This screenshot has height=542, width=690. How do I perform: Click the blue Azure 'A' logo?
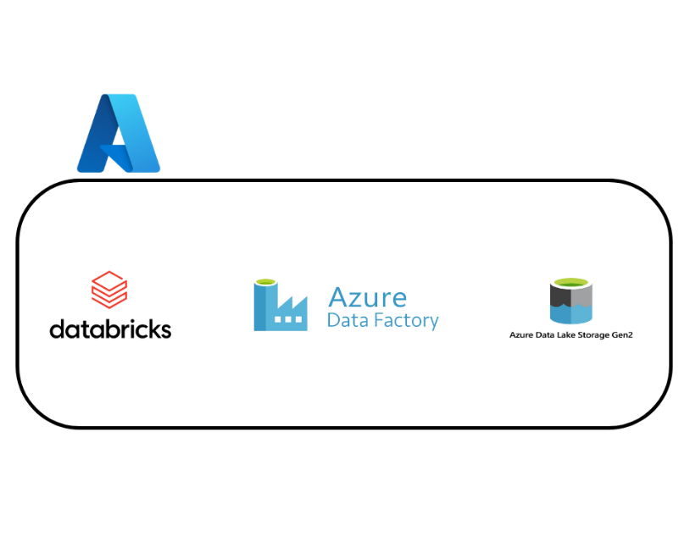pos(119,134)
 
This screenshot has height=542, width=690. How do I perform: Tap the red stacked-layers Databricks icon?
pos(109,290)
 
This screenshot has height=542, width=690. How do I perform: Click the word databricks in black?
pos(110,329)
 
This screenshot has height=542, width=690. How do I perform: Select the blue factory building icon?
pos(281,307)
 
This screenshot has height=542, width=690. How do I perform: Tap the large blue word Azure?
pos(367,298)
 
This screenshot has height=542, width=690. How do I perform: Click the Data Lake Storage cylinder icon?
pos(570,301)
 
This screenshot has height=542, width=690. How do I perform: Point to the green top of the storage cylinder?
pos(570,283)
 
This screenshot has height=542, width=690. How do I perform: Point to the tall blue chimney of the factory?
pos(263,307)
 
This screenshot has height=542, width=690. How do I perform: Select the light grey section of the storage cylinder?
pos(581,296)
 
